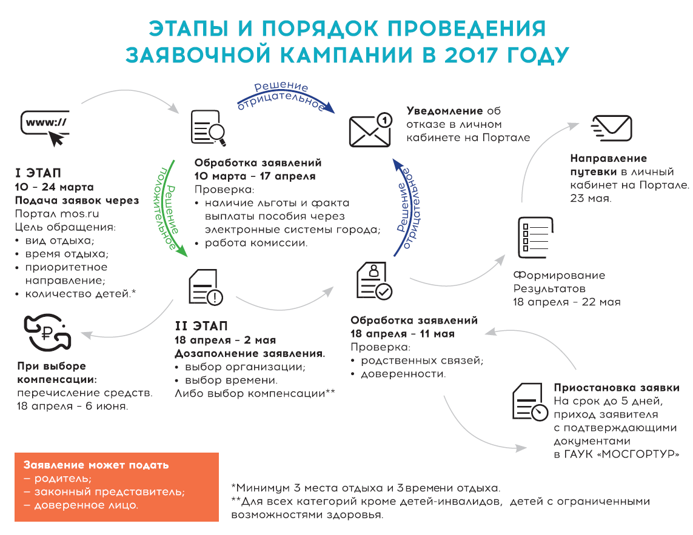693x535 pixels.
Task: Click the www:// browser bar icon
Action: pos(45,128)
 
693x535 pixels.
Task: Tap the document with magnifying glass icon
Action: pos(209,128)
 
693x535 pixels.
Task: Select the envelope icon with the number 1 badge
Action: pos(370,130)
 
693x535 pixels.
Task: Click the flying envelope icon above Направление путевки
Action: pos(612,128)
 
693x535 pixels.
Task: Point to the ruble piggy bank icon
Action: pos(47,332)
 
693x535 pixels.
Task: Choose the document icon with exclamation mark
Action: pos(206,287)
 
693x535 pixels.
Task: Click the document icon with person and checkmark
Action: pos(374,281)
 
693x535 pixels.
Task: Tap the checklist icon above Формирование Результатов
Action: pos(535,238)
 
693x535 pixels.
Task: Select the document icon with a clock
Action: pos(530,402)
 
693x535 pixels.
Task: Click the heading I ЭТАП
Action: pos(38,173)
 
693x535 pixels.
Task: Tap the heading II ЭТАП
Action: pos(201,326)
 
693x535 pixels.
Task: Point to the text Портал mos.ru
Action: pos(57,214)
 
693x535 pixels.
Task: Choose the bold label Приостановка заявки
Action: pos(617,387)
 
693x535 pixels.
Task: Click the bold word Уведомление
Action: pos(444,111)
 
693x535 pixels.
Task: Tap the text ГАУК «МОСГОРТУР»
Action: pos(622,454)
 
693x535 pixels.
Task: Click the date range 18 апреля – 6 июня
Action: pos(73,406)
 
